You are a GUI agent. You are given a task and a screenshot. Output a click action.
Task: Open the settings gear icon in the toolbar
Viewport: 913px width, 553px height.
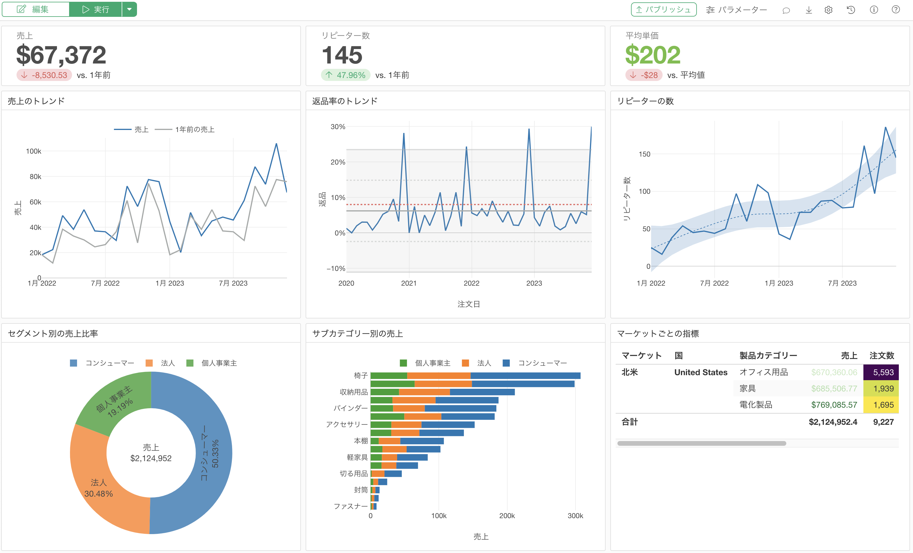(829, 10)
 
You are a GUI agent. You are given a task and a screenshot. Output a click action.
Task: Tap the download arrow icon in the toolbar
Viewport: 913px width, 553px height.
(809, 10)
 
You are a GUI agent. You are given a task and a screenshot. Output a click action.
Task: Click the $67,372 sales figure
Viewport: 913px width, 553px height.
(61, 55)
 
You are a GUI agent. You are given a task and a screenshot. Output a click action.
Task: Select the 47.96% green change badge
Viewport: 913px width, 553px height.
(345, 75)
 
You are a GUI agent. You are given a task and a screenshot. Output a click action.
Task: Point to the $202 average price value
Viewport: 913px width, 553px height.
(653, 55)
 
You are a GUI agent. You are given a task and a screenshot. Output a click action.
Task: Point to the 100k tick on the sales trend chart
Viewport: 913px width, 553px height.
(33, 151)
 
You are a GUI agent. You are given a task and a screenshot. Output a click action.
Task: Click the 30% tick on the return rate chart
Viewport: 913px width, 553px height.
(338, 127)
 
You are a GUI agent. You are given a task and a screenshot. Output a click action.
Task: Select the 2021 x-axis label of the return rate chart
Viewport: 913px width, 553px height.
(409, 283)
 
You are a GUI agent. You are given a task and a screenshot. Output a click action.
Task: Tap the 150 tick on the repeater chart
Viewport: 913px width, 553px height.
(644, 154)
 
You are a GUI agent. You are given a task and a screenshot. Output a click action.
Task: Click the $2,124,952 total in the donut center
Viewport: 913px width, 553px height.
(151, 458)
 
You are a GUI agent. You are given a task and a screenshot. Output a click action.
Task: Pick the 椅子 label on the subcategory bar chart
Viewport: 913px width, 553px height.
(361, 375)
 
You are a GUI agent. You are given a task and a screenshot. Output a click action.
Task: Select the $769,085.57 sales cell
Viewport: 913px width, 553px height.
(834, 405)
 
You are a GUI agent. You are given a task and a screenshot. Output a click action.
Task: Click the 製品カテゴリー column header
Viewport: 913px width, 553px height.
(768, 355)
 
